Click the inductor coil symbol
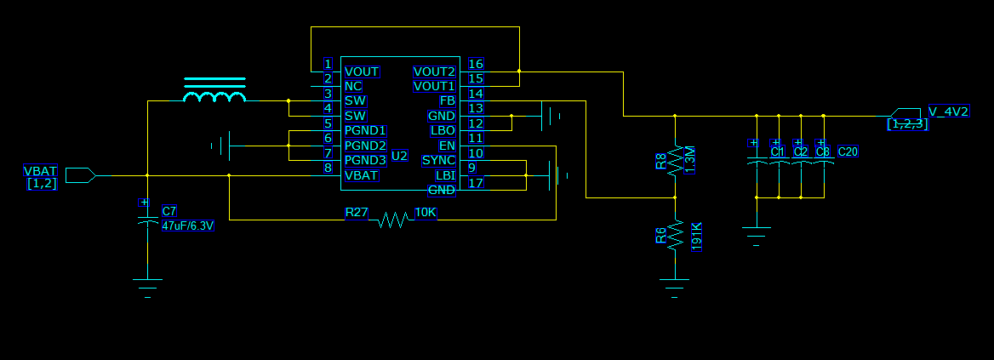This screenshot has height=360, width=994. pos(215,95)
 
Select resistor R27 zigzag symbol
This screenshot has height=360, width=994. pos(391,220)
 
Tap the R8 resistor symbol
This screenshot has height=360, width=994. pos(675,161)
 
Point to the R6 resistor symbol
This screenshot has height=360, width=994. pos(675,235)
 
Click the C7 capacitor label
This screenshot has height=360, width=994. pos(169,211)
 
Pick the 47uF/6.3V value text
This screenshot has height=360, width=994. pos(187,226)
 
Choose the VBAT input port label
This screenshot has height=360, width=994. pos(41,171)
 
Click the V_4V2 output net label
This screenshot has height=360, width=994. pos(947,111)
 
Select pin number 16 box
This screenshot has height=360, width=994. pos(476,64)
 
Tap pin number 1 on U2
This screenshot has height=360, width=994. pos(328,64)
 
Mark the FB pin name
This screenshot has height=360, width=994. pos(447,101)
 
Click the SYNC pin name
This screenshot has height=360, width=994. pos(438,161)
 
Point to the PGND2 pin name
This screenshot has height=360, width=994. pos(365,146)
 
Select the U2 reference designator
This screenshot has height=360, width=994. pos(399,157)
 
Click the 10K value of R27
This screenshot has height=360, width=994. pos(426,212)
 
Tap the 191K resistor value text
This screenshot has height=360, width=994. pos(696,237)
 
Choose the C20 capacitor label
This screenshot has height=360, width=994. pos(848,151)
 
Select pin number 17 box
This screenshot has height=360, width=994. pos(476,182)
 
